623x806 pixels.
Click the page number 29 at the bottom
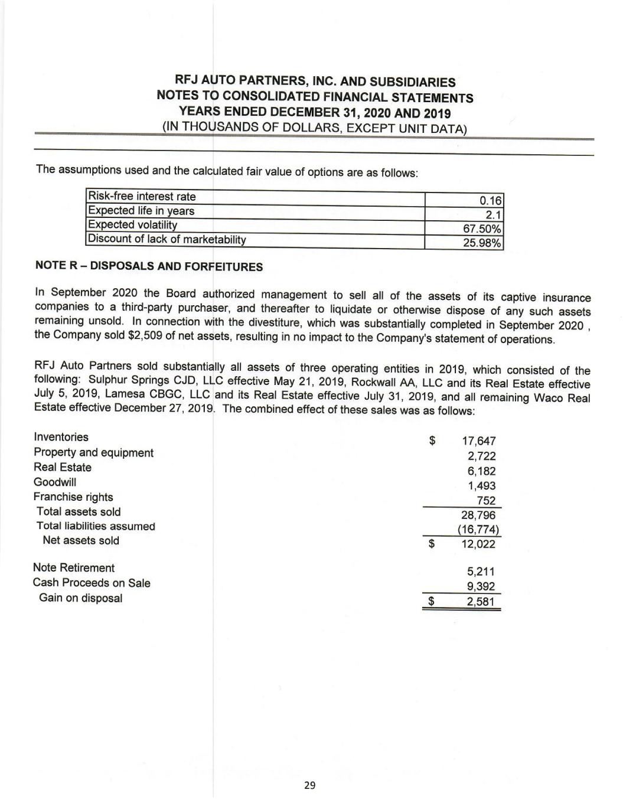click(310, 785)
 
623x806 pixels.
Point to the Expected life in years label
click(141, 211)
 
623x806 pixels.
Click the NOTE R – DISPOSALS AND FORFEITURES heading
click(149, 266)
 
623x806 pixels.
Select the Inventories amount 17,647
click(478, 441)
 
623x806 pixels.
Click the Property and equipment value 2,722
click(482, 456)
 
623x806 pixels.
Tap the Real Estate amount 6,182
click(482, 471)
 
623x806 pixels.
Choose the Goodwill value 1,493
click(482, 486)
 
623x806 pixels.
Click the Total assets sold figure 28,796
click(478, 515)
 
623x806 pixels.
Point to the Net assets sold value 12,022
click(478, 544)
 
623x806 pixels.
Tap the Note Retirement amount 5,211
click(481, 572)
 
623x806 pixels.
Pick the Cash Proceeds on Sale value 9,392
click(481, 586)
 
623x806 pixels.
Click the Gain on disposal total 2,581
click(481, 602)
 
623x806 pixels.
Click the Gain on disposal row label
click(81, 598)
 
